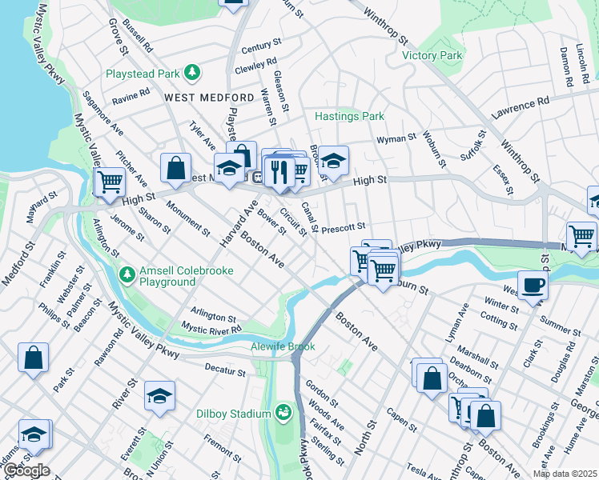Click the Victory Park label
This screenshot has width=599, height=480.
[x=432, y=55]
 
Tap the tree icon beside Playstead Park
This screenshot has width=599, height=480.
[x=192, y=74]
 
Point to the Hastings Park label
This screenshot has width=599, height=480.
[x=349, y=116]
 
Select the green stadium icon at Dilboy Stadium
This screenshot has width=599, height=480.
[x=282, y=413]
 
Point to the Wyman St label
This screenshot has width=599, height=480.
[x=396, y=138]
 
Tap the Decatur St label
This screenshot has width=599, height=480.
[x=225, y=371]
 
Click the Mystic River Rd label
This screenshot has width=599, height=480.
[x=211, y=328]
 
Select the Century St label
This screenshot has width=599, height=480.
[x=256, y=47]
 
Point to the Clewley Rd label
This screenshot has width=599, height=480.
[x=255, y=65]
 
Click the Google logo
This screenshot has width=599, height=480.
[x=26, y=470]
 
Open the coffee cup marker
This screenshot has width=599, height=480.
[x=533, y=285]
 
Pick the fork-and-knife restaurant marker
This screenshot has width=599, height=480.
[x=279, y=171]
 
